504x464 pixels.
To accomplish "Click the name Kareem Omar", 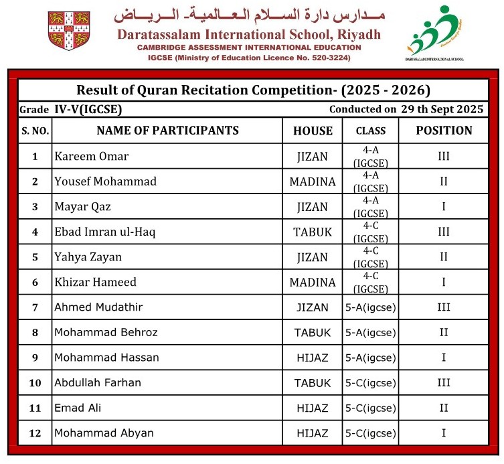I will pos(92,157).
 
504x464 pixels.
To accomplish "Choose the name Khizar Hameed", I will pos(96,283).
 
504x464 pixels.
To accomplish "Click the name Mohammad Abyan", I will pos(104,433).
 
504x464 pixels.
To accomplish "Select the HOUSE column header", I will pos(313,131).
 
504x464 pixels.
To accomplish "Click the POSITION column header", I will pos(444,131).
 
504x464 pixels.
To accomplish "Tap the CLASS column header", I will pos(370,131).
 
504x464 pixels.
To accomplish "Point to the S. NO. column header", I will pos(35,131).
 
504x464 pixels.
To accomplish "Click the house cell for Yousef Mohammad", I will pos(313,182).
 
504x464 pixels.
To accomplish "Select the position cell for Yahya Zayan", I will pos(444,257).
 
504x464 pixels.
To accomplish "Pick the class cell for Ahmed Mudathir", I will pos(370,308).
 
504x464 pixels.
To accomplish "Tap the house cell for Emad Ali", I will pos(313,408).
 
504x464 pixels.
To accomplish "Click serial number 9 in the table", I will pos(35,358).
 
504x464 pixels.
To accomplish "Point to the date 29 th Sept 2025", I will pos(442,109).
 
